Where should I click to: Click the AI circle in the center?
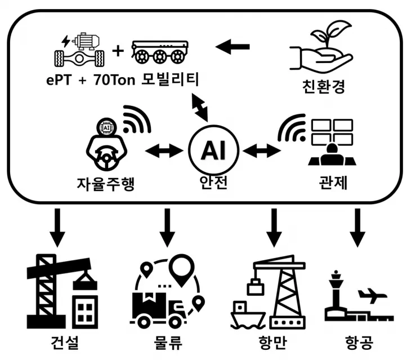pos(213,151)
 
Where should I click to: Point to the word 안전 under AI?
pos(213,183)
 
